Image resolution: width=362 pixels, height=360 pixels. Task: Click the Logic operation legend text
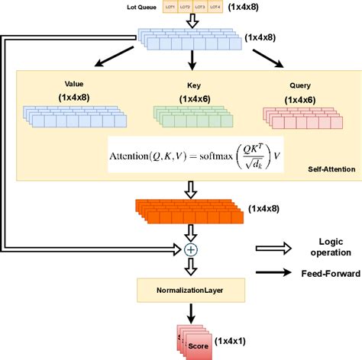(x=326, y=246)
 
